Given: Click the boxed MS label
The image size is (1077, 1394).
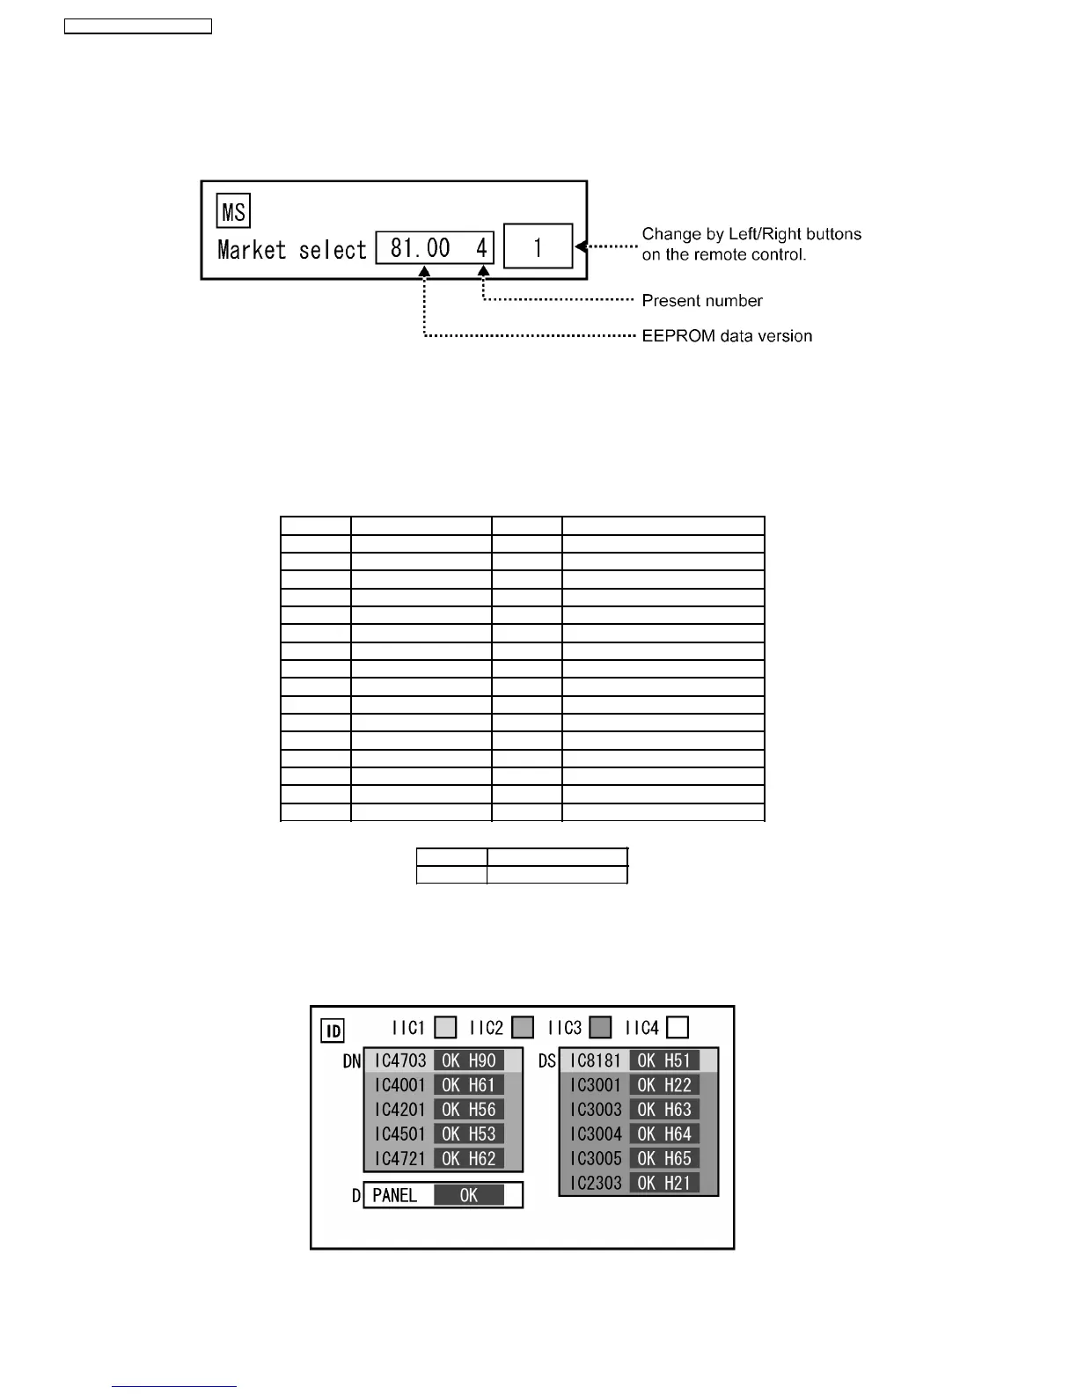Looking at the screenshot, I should pyautogui.click(x=233, y=212).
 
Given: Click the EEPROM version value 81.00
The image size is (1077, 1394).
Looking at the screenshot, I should pyautogui.click(x=420, y=248).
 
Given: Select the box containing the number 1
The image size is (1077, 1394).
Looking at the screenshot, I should pyautogui.click(x=538, y=246).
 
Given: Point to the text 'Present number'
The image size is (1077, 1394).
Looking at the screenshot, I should pyautogui.click(x=701, y=301).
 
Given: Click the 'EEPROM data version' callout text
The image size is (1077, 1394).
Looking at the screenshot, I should pyautogui.click(x=727, y=336).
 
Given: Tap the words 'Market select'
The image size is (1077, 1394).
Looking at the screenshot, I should pyautogui.click(x=291, y=250).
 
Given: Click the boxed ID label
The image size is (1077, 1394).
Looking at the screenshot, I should pyautogui.click(x=333, y=1031).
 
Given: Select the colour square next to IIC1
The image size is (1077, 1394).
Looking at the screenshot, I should pyautogui.click(x=446, y=1027).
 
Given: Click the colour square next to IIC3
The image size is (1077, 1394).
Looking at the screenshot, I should pyautogui.click(x=600, y=1027).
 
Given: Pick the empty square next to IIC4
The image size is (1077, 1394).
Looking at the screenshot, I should pyautogui.click(x=677, y=1027).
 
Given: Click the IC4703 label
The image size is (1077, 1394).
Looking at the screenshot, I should pyautogui.click(x=399, y=1060).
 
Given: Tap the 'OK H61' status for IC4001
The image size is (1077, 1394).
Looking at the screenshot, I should pyautogui.click(x=469, y=1085).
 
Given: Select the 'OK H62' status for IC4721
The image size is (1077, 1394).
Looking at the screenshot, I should pyautogui.click(x=469, y=1159).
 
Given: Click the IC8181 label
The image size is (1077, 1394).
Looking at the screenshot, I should pyautogui.click(x=596, y=1060).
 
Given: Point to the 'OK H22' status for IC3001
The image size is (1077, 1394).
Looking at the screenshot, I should pyautogui.click(x=664, y=1085).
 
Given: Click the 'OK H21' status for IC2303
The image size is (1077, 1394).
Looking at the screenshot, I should pyautogui.click(x=664, y=1184).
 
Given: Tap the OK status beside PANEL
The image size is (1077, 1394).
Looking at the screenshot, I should pyautogui.click(x=469, y=1195).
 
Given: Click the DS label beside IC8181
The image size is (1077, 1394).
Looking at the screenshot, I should pyautogui.click(x=547, y=1061).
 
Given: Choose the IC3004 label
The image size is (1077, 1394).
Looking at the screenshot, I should pyautogui.click(x=596, y=1134).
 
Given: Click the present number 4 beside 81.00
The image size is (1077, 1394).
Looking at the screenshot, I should pyautogui.click(x=481, y=248).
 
